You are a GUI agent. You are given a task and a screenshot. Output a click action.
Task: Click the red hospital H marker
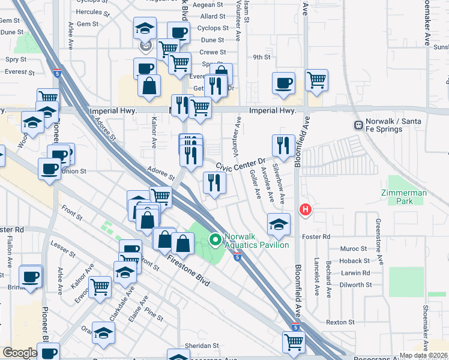[306, 209]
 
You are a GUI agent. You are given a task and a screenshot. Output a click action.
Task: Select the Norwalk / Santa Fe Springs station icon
[358, 125]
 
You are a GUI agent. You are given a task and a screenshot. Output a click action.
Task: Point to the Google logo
[20, 353]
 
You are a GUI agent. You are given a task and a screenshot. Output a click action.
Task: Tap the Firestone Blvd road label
[188, 271]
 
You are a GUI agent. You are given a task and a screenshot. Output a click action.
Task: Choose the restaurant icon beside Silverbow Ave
[283, 145]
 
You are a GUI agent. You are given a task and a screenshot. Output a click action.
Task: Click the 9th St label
[262, 57]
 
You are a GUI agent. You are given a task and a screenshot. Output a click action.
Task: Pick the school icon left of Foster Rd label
[277, 224]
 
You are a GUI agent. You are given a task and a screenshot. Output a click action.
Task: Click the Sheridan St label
[201, 346]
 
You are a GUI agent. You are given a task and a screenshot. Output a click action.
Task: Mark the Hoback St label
[354, 261]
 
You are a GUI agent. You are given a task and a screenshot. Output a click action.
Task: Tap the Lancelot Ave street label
[316, 278]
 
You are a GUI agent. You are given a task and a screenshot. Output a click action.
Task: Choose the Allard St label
[213, 17]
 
